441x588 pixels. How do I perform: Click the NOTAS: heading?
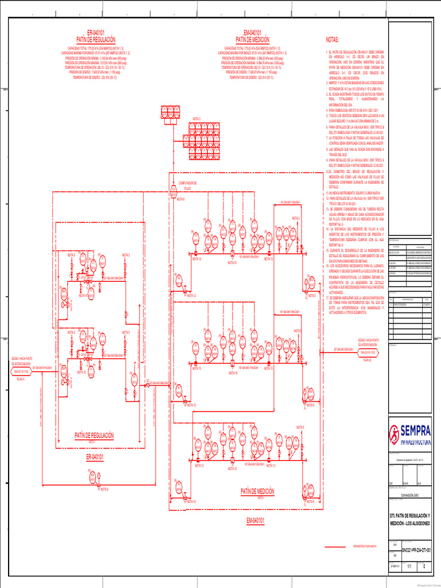(x=333, y=41)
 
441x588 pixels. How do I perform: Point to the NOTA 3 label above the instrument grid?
(x=196, y=119)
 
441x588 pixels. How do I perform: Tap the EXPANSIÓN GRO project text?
(x=412, y=494)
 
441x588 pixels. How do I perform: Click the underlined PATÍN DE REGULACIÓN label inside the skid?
(x=94, y=436)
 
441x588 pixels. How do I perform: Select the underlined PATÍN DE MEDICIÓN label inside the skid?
(x=257, y=492)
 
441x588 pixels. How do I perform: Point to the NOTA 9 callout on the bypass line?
(x=103, y=489)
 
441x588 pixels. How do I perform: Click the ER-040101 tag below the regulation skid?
(x=95, y=457)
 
